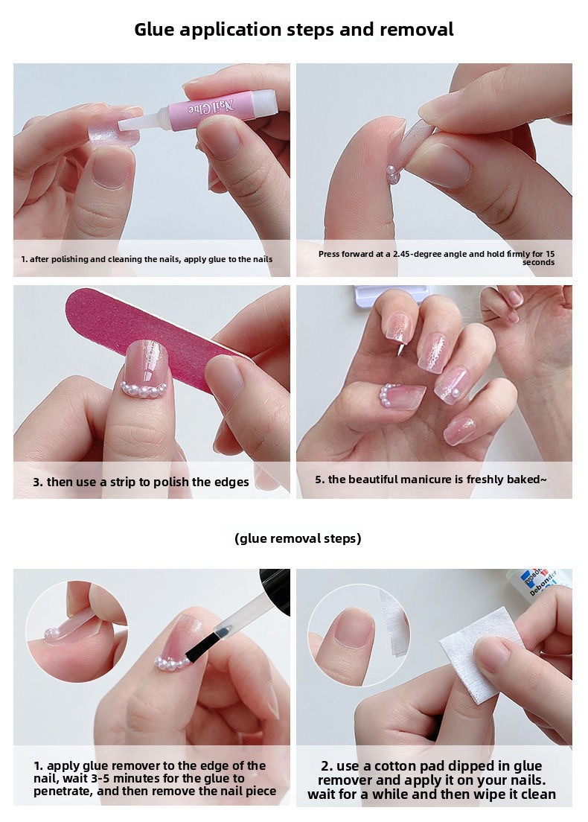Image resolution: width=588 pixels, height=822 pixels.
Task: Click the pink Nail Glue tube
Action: tap(222, 107)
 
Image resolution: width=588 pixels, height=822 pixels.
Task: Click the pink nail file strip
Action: tap(152, 336)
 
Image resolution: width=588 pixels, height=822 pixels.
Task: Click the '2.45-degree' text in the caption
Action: tap(409, 254)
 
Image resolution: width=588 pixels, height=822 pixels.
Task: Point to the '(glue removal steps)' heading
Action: tap(298, 538)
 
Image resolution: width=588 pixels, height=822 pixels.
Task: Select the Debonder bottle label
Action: tap(540, 582)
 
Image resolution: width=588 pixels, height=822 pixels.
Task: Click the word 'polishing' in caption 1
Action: tap(70, 259)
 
